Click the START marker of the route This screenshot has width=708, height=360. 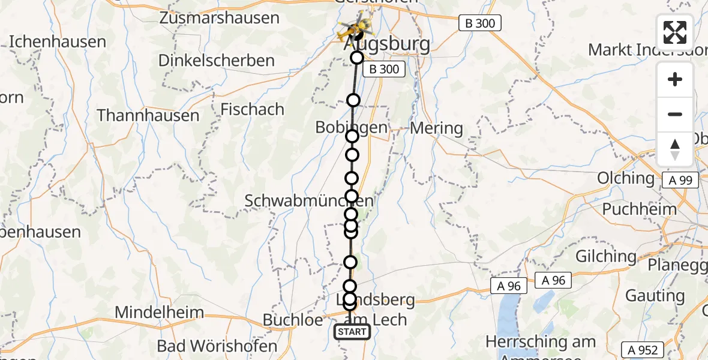click(352, 332)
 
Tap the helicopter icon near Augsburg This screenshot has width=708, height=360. click(354, 26)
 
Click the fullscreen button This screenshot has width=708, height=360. click(675, 32)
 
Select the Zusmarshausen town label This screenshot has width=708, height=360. click(220, 18)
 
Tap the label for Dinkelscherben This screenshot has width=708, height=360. click(217, 61)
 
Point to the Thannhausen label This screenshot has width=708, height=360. click(148, 115)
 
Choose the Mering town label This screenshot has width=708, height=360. click(436, 128)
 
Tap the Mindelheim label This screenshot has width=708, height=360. click(160, 313)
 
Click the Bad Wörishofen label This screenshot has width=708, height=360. click(217, 346)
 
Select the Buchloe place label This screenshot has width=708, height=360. click(293, 320)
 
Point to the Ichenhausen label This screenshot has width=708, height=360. click(58, 42)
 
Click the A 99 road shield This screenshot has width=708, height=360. click(681, 181)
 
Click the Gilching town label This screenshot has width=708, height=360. click(606, 256)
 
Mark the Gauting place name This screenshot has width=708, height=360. click(655, 296)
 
